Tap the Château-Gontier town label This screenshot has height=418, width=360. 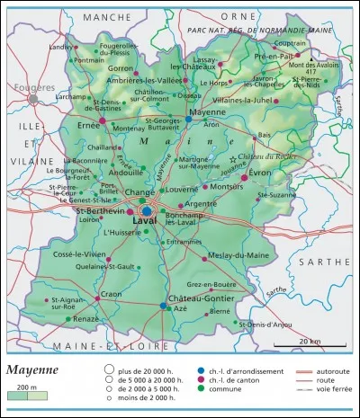tap(189, 296)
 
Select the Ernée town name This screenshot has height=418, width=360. tap(88, 127)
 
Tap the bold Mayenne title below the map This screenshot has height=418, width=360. tap(34, 369)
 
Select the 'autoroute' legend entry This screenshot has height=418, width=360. tap(320, 369)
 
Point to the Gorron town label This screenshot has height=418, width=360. tap(121, 67)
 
